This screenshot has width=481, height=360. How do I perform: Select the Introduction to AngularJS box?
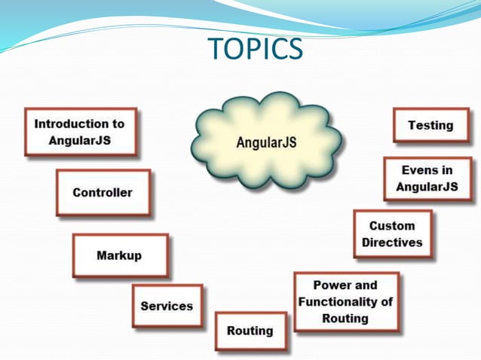tap(80, 132)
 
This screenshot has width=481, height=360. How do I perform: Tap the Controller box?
tap(103, 193)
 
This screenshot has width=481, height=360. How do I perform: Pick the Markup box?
tap(119, 255)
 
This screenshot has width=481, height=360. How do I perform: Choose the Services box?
tap(167, 306)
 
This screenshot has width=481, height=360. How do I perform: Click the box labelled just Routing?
tap(250, 331)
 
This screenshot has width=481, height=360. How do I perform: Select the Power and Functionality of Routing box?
tap(345, 302)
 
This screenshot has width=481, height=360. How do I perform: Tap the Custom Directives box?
tap(392, 234)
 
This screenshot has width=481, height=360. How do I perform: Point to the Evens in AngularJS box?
tap(426, 178)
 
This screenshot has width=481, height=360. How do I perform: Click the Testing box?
tap(430, 125)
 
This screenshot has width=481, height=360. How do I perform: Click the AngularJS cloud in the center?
tap(266, 142)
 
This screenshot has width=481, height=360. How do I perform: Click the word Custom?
tap(392, 226)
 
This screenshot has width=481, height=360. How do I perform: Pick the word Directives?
tap(392, 243)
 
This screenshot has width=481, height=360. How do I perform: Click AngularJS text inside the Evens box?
tap(426, 187)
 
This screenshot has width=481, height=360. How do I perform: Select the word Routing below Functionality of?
tap(345, 318)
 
